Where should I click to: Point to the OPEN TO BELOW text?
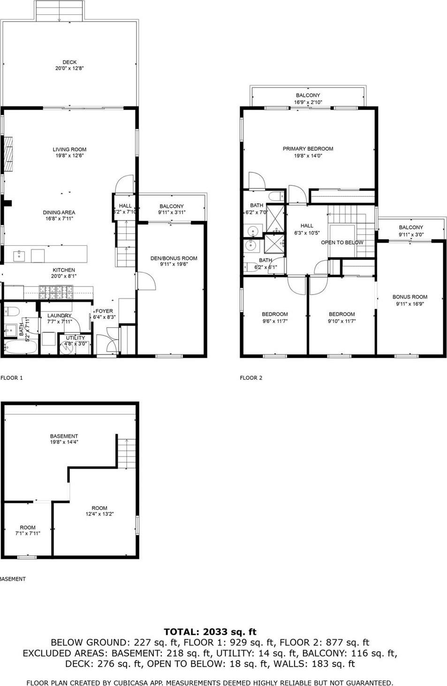coord(342,243)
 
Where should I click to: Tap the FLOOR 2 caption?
coord(251,378)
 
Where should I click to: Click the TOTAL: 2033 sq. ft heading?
coord(210,632)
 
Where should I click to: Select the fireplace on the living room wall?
coord(8,154)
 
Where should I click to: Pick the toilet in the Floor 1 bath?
coord(11,310)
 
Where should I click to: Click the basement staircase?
coord(126,453)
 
